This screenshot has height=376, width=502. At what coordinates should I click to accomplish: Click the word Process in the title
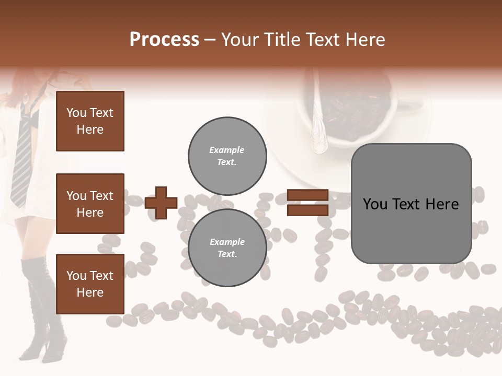pyautogui.click(x=164, y=40)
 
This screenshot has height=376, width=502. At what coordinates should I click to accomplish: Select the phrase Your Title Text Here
pyautogui.click(x=303, y=40)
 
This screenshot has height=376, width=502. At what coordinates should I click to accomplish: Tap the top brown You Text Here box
pyautogui.click(x=90, y=121)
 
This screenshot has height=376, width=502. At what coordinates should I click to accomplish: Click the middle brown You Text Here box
pyautogui.click(x=90, y=204)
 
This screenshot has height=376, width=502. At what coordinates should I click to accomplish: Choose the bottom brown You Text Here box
pyautogui.click(x=90, y=284)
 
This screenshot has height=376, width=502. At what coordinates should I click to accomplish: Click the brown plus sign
pyautogui.click(x=161, y=203)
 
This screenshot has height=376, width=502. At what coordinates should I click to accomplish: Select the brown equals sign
pyautogui.click(x=307, y=203)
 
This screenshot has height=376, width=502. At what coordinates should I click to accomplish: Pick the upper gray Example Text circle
pyautogui.click(x=227, y=156)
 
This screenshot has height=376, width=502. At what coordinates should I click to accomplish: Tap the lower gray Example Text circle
pyautogui.click(x=227, y=248)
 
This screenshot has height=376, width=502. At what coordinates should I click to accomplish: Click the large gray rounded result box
pyautogui.click(x=411, y=203)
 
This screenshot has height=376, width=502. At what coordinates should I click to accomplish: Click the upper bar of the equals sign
pyautogui.click(x=307, y=195)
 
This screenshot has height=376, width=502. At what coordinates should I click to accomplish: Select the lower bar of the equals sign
pyautogui.click(x=307, y=210)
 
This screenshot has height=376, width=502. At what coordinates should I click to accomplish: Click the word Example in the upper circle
pyautogui.click(x=227, y=150)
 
